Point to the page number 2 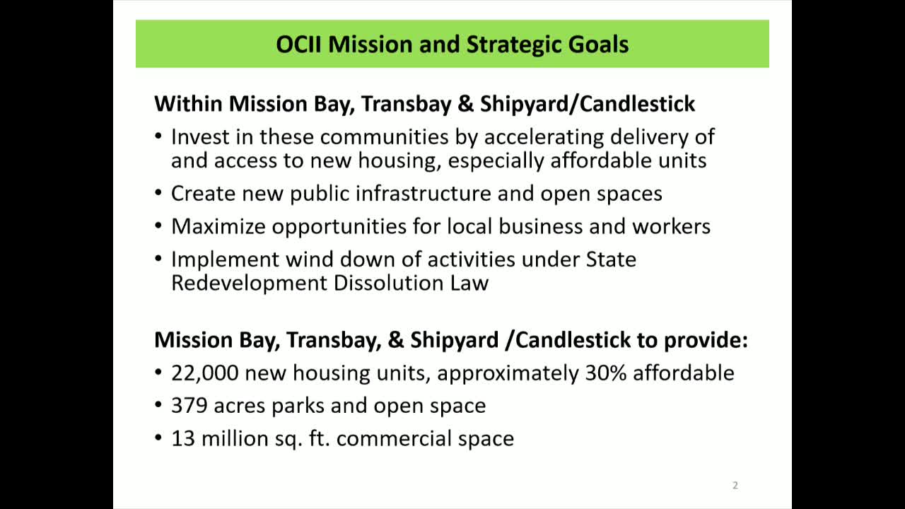(x=735, y=485)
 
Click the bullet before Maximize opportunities (x=159, y=226)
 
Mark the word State (x=611, y=259)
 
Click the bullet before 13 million (x=159, y=438)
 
